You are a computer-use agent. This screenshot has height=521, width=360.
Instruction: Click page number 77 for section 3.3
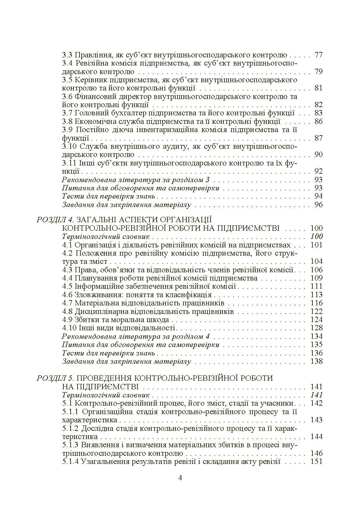pos(318,55)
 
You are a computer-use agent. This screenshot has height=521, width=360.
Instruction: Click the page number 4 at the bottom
pos(180,478)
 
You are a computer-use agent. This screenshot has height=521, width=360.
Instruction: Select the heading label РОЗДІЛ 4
pos(55,220)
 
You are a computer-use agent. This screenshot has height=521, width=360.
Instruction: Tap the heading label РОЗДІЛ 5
pos(55,378)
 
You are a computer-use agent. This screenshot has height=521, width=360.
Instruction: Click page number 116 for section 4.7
pos(316,303)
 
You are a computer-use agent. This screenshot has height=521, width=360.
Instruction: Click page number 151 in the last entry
pos(316,462)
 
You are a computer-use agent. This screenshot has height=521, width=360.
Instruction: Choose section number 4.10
pos(69,328)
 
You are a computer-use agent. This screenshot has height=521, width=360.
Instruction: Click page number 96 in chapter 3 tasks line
pos(318,205)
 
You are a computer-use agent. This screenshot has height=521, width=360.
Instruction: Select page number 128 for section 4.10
pos(316,328)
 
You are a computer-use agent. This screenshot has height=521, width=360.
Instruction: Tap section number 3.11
pos(69,163)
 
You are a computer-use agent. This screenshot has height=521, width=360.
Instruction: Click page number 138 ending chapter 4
pos(316,361)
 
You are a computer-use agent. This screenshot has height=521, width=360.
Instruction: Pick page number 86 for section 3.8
pos(318,121)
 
